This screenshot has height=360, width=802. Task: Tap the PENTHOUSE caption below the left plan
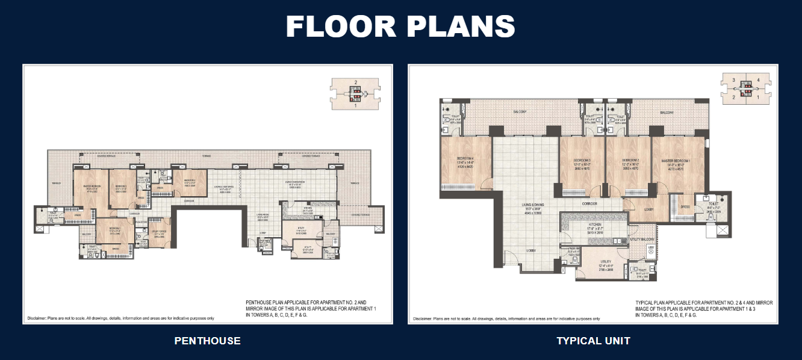[207, 341]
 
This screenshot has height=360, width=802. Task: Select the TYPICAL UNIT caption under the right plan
[593, 341]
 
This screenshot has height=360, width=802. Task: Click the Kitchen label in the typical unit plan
[594, 224]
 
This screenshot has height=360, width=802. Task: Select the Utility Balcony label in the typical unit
[642, 240]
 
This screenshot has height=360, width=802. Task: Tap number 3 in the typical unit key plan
[733, 80]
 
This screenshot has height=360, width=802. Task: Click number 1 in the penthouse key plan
[356, 105]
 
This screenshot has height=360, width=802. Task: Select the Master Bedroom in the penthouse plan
[92, 187]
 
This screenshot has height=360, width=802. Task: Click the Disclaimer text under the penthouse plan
[120, 318]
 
